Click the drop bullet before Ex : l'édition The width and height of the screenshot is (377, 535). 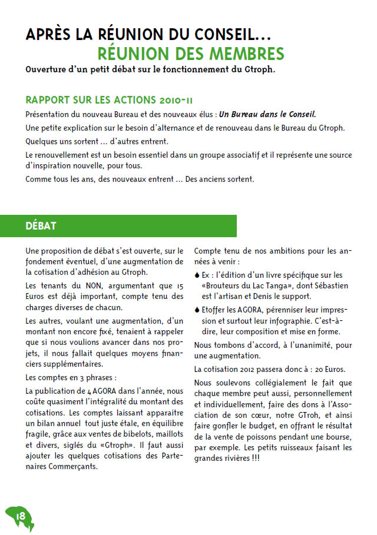click(197, 275)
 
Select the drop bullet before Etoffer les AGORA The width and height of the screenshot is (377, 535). click(197, 310)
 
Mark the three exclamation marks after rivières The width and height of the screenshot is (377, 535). click(345, 459)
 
